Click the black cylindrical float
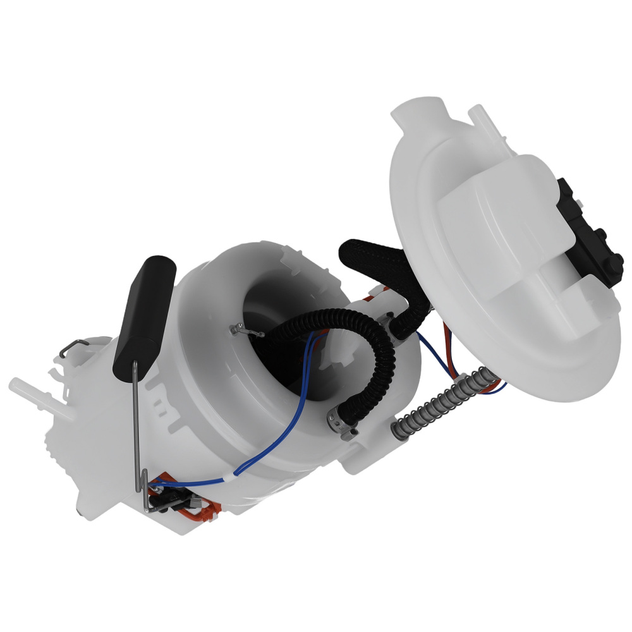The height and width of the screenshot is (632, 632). tap(144, 313)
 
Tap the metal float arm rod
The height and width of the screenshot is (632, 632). tap(140, 430)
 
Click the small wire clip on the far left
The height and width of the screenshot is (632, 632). tap(76, 347)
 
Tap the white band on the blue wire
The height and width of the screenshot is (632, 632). tap(238, 471)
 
